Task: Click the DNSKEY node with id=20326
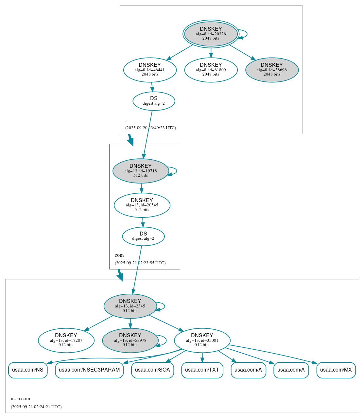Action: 211,34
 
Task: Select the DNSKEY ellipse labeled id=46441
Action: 150,70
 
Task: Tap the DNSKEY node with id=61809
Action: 211,70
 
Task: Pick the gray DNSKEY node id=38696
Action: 272,70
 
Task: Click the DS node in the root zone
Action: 154,101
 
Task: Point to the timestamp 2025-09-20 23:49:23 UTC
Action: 150,128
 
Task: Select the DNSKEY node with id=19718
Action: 141,171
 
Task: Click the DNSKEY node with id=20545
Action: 142,205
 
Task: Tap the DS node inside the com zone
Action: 143,236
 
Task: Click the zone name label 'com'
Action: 119,255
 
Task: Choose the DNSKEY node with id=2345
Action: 130,306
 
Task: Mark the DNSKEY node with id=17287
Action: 66,340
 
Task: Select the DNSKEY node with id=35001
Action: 202,340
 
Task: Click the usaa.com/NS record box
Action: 28,370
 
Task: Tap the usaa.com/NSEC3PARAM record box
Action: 89,370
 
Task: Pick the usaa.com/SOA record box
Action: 152,370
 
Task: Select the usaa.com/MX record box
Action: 336,370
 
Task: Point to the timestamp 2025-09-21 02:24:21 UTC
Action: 36,407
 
